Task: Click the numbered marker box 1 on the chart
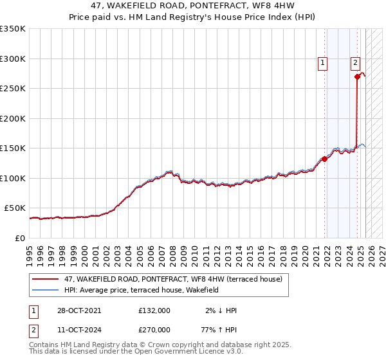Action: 322,63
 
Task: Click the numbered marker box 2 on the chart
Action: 355,63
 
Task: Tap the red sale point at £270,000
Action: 357,76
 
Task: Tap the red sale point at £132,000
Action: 325,159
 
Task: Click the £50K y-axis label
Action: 15,208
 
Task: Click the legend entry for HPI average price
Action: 142,290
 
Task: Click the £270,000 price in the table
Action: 154,330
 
